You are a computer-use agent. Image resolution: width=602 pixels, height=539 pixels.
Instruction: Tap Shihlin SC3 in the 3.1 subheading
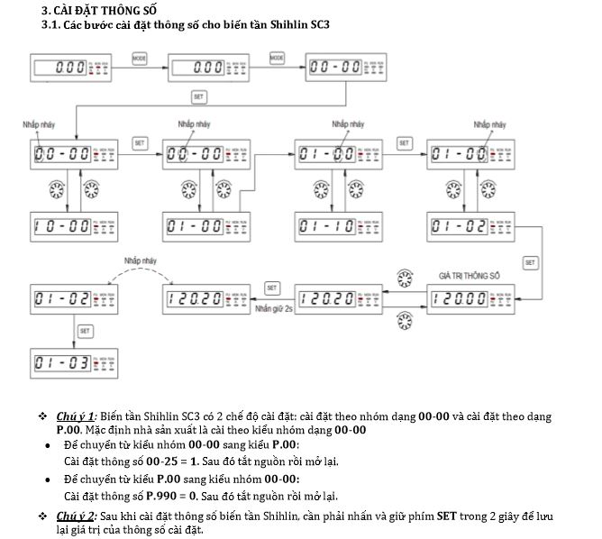[x=296, y=23]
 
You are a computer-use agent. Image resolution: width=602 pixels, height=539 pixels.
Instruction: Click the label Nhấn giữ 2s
[x=275, y=307]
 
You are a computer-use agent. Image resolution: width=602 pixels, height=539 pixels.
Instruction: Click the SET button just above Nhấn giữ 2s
[x=272, y=287]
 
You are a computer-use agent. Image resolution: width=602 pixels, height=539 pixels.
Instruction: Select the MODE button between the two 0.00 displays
[x=139, y=58]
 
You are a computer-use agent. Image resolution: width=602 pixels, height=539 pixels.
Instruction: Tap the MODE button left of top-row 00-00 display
[x=277, y=58]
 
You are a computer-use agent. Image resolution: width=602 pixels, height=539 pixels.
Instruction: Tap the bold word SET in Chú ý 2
[x=447, y=516]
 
